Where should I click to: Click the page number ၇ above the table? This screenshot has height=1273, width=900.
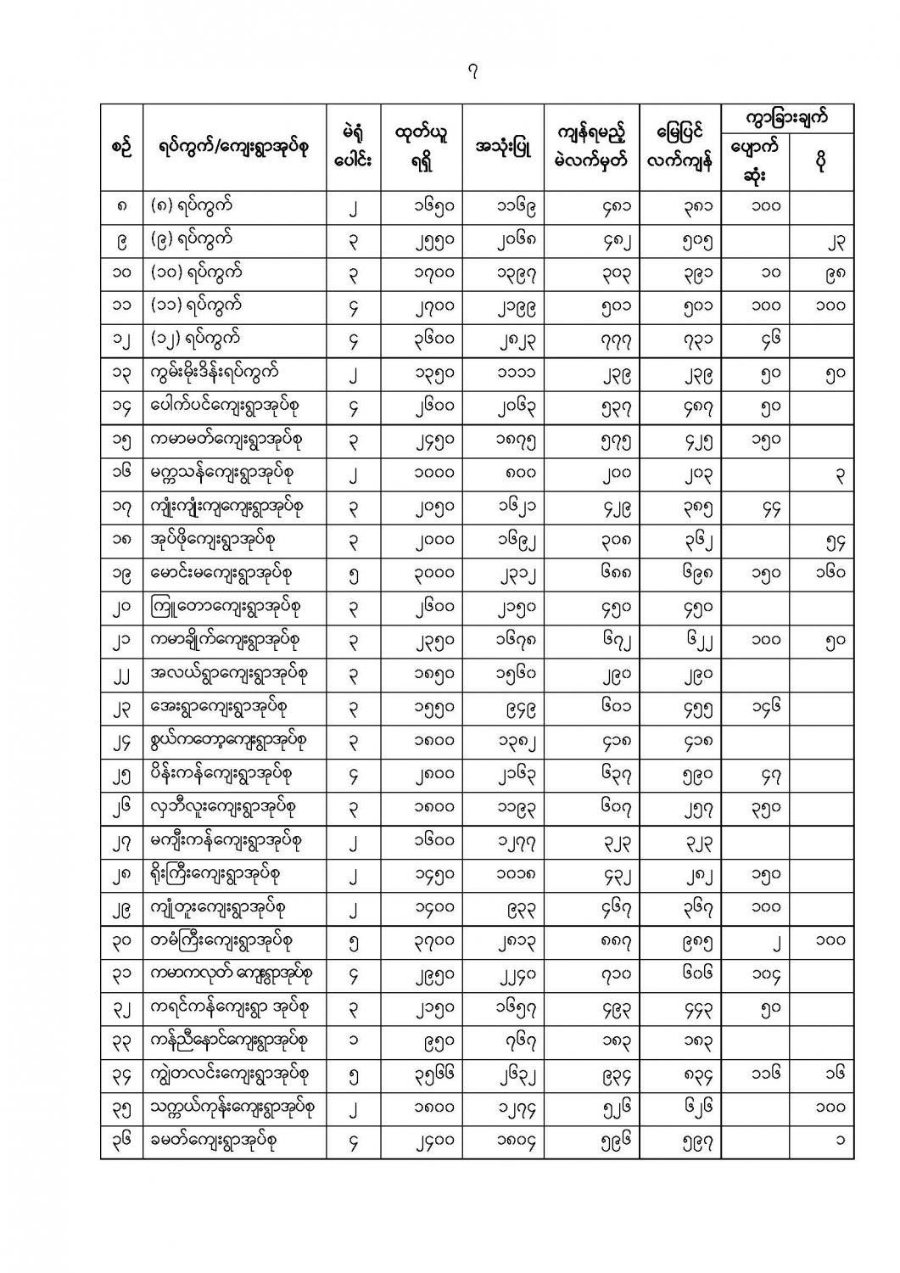coord(472,73)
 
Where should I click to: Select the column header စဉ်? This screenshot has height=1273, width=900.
coord(121,147)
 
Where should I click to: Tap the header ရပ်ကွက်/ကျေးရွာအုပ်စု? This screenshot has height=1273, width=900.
coord(234,147)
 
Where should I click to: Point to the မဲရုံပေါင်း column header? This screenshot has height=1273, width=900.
coord(354,147)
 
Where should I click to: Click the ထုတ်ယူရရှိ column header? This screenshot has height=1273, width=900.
coord(422,147)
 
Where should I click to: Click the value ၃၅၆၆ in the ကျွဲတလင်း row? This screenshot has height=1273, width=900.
coord(422,1075)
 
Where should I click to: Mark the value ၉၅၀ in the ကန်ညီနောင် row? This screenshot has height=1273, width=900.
coord(422,1041)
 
